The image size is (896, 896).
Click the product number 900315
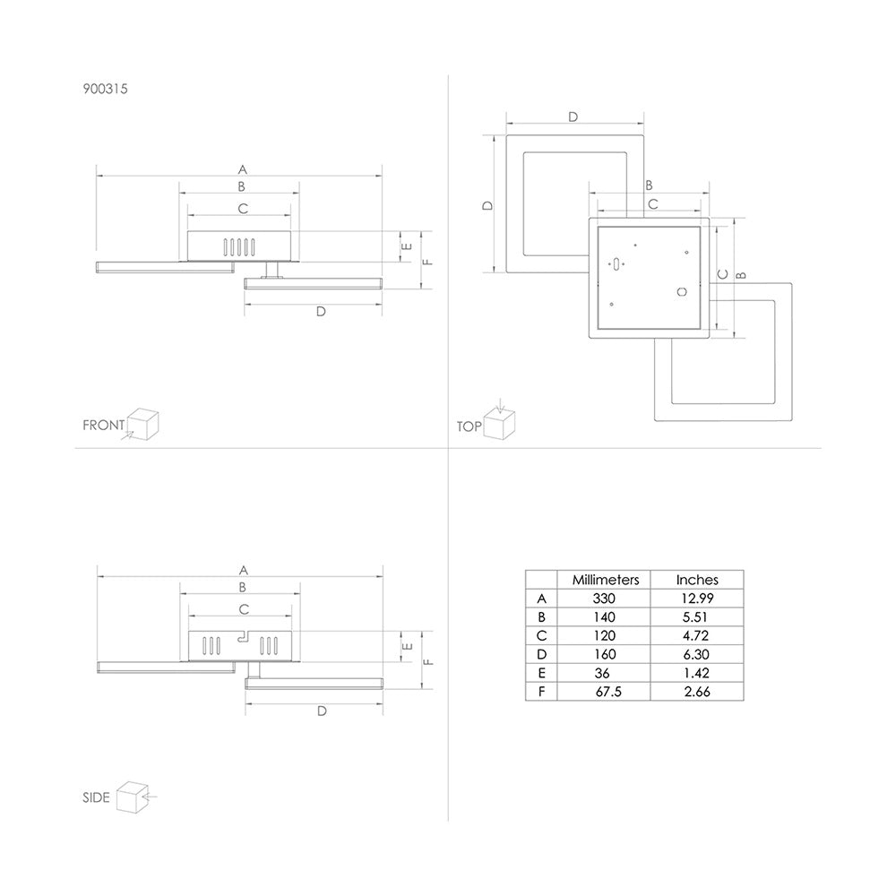105,89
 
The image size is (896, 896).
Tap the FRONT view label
103,425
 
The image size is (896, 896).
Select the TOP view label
469,426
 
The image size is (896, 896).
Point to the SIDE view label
96,797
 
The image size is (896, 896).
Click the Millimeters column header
606,580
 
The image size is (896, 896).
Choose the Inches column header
697,580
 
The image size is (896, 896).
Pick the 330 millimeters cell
604,599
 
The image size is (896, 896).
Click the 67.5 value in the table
608,692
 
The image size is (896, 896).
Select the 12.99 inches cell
697,599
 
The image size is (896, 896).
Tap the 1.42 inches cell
696,673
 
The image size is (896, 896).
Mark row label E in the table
542,673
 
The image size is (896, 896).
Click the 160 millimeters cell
605,654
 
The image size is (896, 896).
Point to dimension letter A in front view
243,169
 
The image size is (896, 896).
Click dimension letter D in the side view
322,711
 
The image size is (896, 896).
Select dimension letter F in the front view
427,262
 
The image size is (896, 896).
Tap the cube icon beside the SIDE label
133,797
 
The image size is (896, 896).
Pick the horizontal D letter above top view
573,116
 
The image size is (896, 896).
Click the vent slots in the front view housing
239,247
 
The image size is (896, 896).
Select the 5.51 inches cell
695,617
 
